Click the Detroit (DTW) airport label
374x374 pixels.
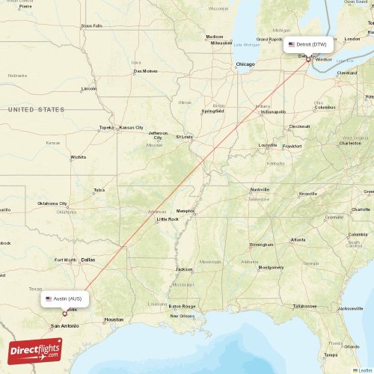(x=307, y=45)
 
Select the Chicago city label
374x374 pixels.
(x=245, y=65)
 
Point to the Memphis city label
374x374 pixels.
(x=185, y=211)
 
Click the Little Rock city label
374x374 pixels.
(x=168, y=219)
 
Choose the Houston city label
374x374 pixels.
(x=114, y=319)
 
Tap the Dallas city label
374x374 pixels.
(x=88, y=260)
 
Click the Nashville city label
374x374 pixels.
(x=260, y=190)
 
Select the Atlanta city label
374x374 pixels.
(x=298, y=240)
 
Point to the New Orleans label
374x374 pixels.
(x=181, y=316)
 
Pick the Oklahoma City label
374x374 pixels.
(x=52, y=203)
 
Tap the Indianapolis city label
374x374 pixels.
(x=272, y=112)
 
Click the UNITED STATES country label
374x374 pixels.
(x=35, y=109)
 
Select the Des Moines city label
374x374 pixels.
(x=145, y=72)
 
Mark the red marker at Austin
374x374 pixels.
(x=65, y=313)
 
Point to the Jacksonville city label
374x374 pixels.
(x=350, y=308)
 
